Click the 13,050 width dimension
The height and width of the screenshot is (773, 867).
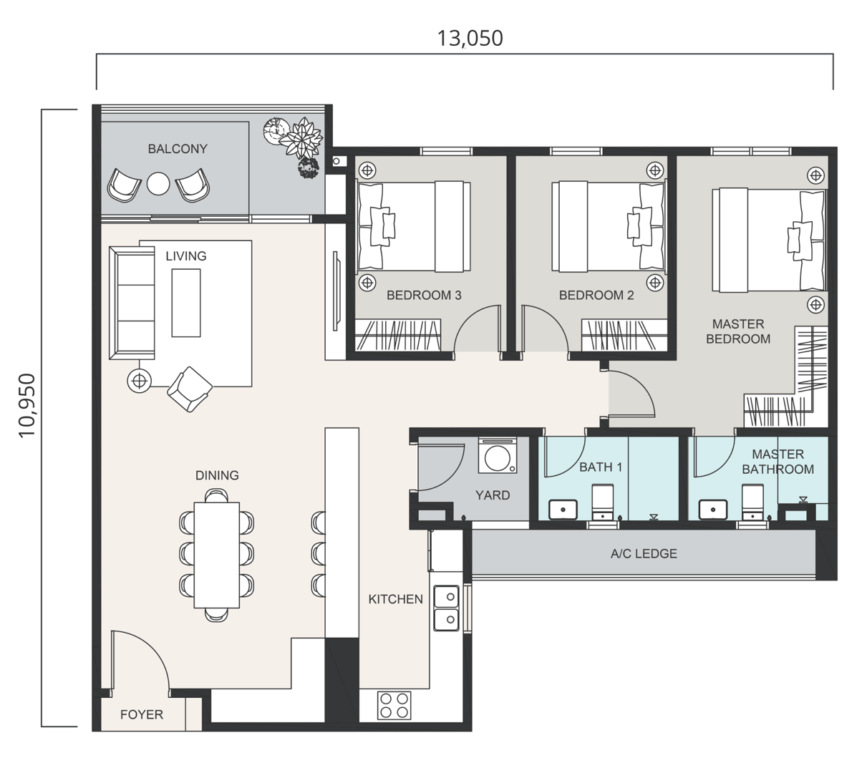(x=470, y=38)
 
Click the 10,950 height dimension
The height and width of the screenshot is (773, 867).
(x=26, y=405)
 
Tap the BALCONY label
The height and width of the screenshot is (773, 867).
(x=178, y=149)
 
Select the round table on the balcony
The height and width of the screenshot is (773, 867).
(x=158, y=185)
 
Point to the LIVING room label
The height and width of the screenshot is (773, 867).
(x=185, y=256)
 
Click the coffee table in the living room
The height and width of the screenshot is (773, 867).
(x=185, y=302)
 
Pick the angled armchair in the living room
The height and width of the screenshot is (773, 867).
(x=189, y=389)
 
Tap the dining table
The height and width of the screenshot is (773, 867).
(x=217, y=555)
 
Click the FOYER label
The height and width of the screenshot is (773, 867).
(x=141, y=714)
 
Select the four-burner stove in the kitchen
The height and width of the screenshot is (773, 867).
(x=394, y=704)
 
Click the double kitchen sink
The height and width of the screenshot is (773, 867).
(x=447, y=607)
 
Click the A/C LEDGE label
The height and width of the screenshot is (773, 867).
(x=644, y=553)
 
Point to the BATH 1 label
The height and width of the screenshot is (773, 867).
(x=601, y=467)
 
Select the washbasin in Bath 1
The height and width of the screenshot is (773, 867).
(x=563, y=510)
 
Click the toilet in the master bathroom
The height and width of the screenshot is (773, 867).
(x=752, y=501)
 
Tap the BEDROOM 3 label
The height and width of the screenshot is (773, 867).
(x=424, y=295)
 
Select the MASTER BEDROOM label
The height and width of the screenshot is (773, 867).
(x=738, y=331)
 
